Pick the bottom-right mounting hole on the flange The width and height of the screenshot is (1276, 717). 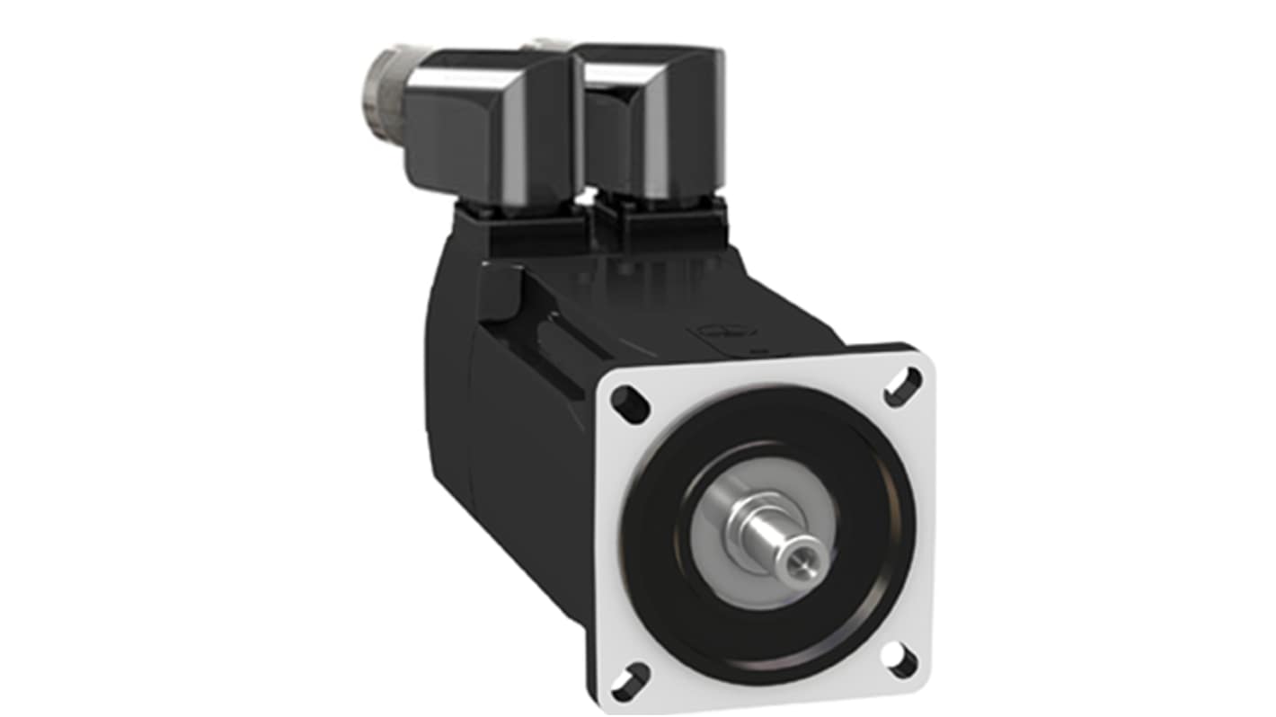pos(899,660)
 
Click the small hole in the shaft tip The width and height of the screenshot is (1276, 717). pos(794,562)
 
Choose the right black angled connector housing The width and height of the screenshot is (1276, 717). pos(651,126)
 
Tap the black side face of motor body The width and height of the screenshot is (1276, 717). pos(539,467)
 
